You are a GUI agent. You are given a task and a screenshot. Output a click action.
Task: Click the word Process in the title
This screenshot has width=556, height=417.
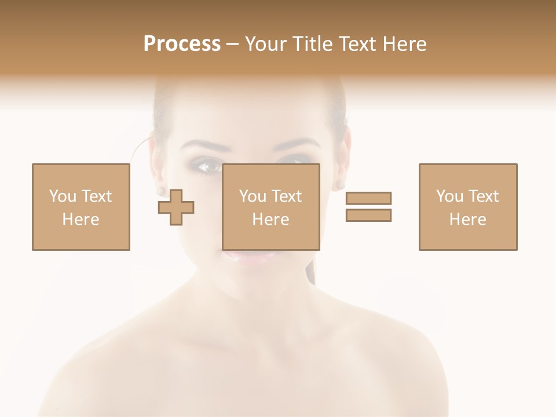coord(182,44)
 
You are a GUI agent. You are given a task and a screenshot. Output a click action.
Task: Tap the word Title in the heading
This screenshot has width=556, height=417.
coord(311,44)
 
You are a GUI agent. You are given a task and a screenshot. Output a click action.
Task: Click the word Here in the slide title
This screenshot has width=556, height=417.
coord(406,44)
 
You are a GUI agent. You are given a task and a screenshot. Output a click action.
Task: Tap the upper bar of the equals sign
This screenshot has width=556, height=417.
coord(368,198)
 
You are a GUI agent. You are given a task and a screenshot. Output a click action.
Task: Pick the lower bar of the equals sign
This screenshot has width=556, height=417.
coord(368,215)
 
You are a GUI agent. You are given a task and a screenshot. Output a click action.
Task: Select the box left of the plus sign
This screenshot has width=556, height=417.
coord(81,207)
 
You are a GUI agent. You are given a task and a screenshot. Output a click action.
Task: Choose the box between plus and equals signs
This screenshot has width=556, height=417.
coord(270,207)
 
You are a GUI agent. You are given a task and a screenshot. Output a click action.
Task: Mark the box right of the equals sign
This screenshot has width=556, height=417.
coord(467,207)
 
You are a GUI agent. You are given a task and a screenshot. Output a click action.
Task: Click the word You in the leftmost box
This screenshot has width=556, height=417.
coord(62,196)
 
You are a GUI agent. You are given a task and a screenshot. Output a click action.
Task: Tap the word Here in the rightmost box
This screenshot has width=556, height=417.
coord(467,220)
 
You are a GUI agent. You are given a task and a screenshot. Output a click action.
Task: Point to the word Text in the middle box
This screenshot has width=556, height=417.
coord(287,196)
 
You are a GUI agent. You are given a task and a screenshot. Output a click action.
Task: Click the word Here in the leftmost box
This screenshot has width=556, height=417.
coord(81,220)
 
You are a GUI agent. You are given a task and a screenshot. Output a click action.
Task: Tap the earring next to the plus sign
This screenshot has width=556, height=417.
coord(161,189)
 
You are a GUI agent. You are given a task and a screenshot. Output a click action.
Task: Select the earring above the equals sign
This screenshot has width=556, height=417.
coord(341,184)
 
